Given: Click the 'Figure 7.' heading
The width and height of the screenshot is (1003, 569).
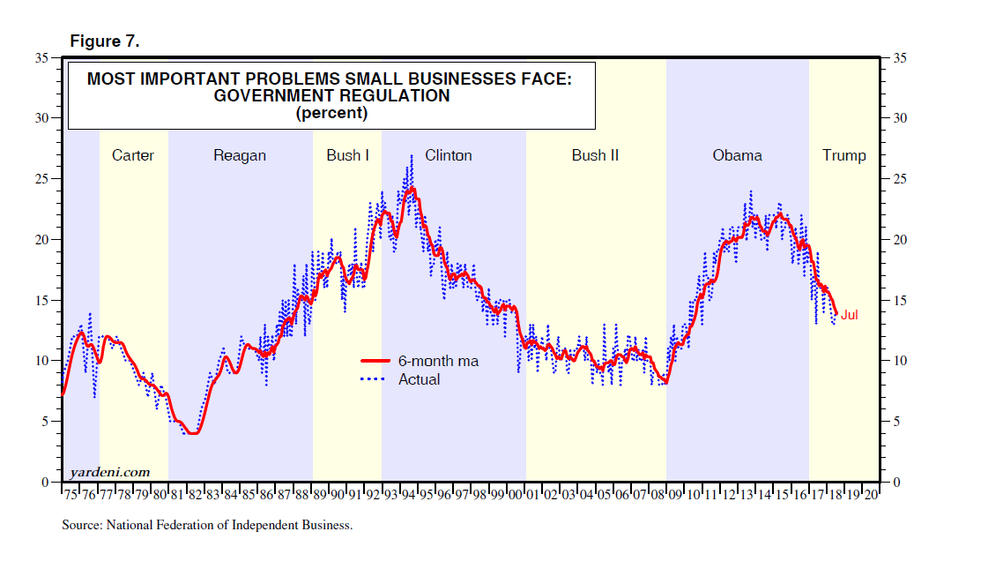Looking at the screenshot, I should click(x=104, y=41).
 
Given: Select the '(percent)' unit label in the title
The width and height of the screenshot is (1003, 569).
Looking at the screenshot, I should click(x=331, y=113).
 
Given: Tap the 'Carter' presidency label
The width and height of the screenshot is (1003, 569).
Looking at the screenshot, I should click(x=133, y=156).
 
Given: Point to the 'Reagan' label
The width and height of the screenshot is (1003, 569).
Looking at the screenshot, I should click(x=240, y=156).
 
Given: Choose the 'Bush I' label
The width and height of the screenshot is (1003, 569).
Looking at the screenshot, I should click(x=348, y=156).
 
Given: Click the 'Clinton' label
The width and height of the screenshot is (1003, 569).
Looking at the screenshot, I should click(x=449, y=156).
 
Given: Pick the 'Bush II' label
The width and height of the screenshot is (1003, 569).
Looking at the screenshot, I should click(x=595, y=156).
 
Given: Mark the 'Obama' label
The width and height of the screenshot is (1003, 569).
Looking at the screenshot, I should click(x=738, y=156).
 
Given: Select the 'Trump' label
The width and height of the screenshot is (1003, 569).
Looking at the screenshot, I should click(x=844, y=156).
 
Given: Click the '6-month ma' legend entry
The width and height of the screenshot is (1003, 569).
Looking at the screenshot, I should click(x=438, y=361).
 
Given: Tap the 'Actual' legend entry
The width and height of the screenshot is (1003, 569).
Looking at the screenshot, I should click(x=420, y=379).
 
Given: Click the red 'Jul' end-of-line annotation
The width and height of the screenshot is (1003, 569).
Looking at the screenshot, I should click(x=850, y=315).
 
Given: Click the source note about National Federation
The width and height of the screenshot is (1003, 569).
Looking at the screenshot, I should click(x=207, y=525).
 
